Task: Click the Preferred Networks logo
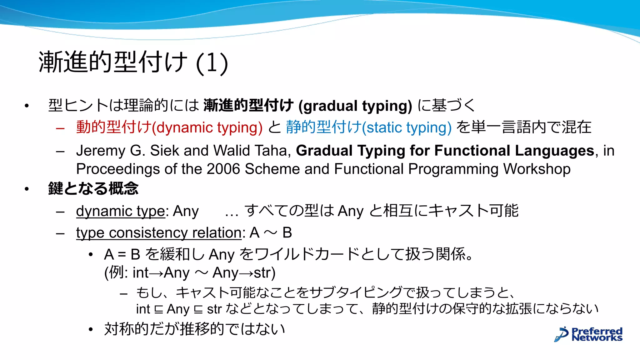588,334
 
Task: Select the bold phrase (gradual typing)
355,106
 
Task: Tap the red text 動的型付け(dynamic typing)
169,127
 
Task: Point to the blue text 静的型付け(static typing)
369,127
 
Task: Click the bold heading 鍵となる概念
93,189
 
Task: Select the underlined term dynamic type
120,211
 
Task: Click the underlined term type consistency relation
159,233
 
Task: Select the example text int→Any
161,273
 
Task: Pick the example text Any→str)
244,273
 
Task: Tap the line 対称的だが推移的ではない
194,329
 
